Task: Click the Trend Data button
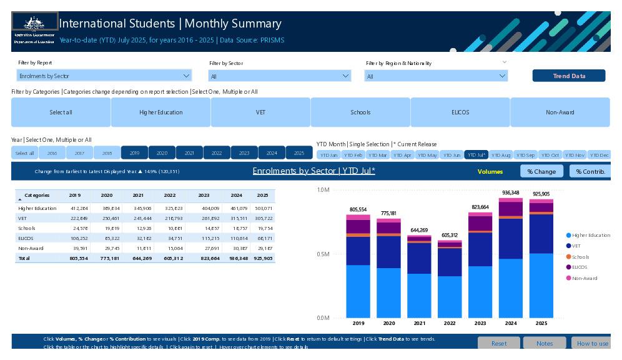(x=568, y=76)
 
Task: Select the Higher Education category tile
(x=160, y=112)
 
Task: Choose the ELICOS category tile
(x=460, y=112)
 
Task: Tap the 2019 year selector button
(x=134, y=153)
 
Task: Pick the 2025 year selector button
(x=299, y=153)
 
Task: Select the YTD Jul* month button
(x=476, y=155)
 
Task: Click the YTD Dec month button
(x=599, y=155)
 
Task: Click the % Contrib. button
(x=590, y=171)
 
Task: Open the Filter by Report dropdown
(x=104, y=76)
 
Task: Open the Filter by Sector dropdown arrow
(x=346, y=76)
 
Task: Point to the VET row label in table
(x=22, y=218)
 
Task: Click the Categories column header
(x=37, y=196)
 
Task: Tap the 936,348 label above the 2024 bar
(x=510, y=193)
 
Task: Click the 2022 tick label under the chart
(x=450, y=323)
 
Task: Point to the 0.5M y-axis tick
(x=323, y=254)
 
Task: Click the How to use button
(x=591, y=343)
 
